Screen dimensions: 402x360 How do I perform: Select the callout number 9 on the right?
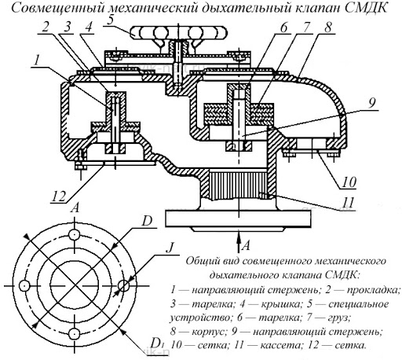(x=372, y=103)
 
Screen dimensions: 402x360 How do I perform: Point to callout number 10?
(x=350, y=182)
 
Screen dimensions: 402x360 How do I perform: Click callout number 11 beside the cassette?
(x=349, y=202)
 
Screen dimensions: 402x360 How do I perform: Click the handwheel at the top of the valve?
(x=179, y=32)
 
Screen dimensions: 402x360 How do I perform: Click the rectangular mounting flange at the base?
(x=238, y=219)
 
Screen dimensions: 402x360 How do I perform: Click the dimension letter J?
(x=170, y=247)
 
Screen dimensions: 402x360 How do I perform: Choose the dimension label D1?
(x=158, y=343)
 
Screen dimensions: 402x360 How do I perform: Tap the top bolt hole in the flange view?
(x=75, y=234)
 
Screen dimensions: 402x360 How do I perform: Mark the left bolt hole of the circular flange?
(x=25, y=285)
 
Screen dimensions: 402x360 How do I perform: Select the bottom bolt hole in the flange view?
(x=75, y=334)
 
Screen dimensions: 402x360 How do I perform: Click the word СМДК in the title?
(x=366, y=8)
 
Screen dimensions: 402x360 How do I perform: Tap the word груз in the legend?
(x=338, y=318)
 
